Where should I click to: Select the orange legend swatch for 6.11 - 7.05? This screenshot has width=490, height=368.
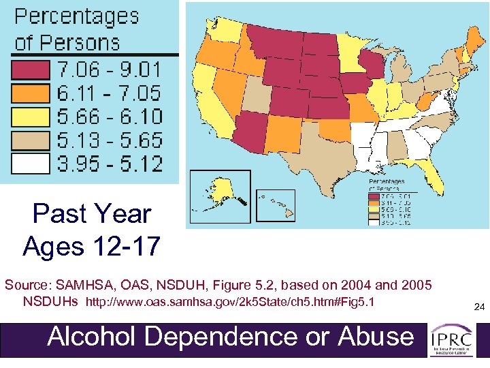(29, 93)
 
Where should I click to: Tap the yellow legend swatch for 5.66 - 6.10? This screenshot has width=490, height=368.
(29, 117)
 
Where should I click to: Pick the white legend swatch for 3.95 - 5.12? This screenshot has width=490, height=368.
(29, 164)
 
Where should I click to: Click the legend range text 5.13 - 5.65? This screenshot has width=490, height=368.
(110, 140)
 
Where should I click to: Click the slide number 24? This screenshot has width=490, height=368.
(478, 309)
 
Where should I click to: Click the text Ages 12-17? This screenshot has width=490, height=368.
(92, 245)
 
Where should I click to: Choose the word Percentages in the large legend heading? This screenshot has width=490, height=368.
(76, 16)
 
